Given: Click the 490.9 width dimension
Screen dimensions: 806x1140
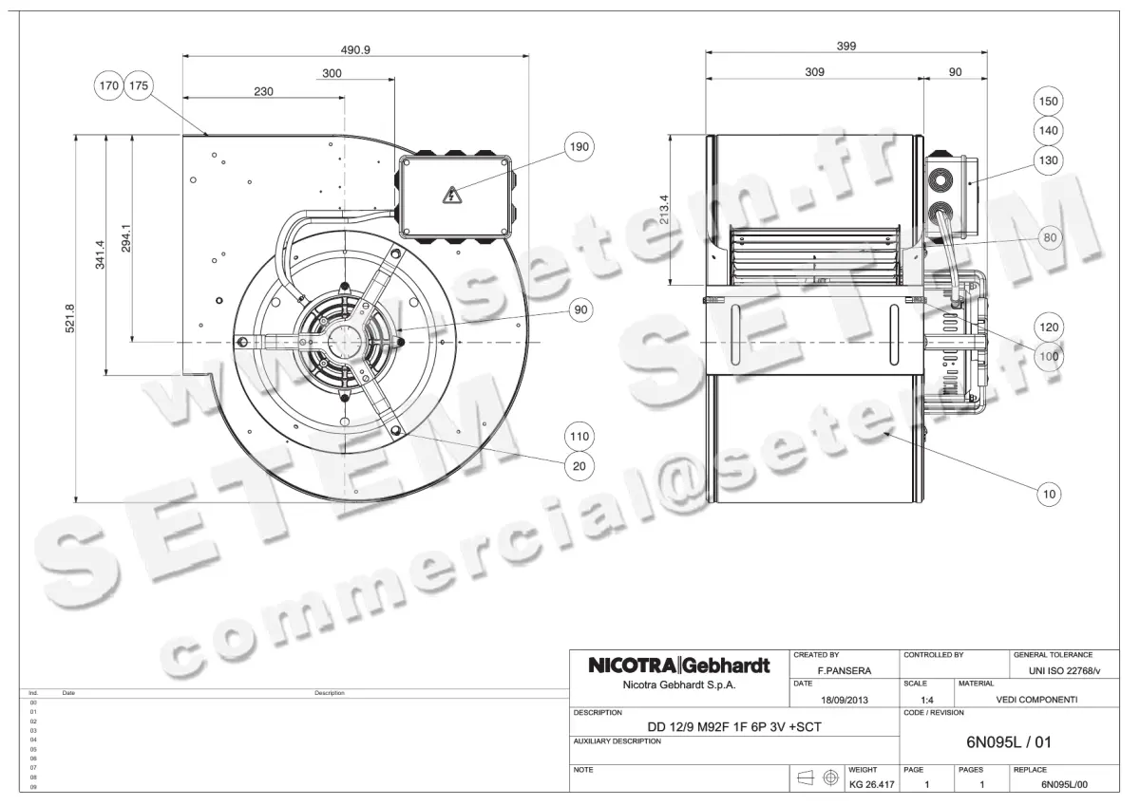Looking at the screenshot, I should (355, 49).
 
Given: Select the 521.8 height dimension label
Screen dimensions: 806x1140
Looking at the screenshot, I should (70, 318).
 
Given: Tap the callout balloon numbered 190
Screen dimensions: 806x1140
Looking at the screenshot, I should (578, 147).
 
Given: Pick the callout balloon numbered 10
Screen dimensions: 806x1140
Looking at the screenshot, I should (1049, 494).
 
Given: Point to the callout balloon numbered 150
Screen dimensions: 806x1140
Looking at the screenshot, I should (1048, 102).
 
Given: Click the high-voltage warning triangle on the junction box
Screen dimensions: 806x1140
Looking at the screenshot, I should (451, 196).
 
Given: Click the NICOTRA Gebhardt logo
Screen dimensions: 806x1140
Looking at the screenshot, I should (678, 665).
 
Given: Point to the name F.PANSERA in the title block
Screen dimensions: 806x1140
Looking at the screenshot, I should (845, 670).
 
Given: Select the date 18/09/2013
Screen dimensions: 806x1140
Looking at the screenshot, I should (844, 700).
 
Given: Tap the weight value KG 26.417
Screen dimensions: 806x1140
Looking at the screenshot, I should (871, 785).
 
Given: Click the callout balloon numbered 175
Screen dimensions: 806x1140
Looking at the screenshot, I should (139, 85).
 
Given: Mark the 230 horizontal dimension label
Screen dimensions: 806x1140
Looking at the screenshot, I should (263, 92).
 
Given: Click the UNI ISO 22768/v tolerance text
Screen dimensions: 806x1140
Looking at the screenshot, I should (1064, 670).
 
